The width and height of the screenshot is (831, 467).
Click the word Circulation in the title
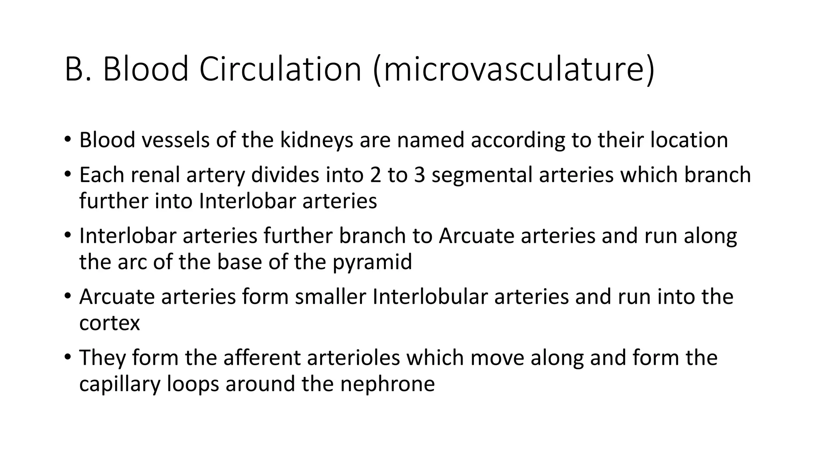[x=280, y=69]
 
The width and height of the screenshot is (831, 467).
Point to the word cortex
[x=110, y=323]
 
